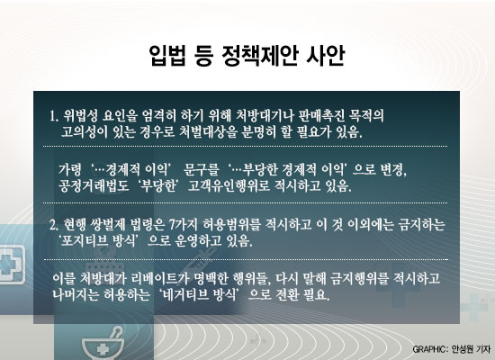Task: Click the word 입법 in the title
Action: (166, 56)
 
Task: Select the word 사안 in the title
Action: (326, 56)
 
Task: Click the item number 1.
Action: (54, 116)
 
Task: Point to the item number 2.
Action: (54, 225)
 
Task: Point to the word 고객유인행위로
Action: (229, 186)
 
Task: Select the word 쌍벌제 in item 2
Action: (107, 225)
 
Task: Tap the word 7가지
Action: (183, 225)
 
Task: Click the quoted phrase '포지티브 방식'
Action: (98, 241)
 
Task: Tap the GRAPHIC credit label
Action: (430, 349)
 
